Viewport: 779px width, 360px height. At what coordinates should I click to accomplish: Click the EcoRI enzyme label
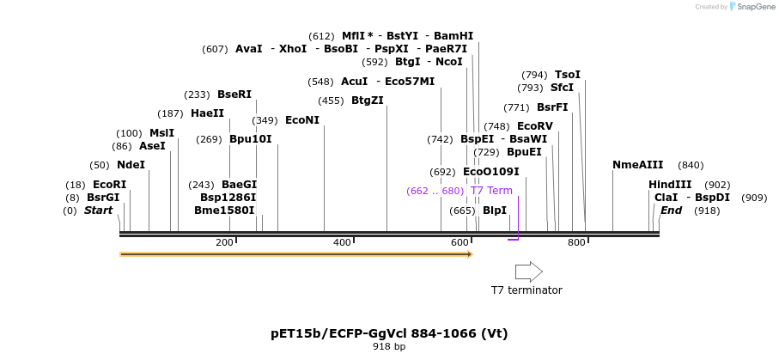109,185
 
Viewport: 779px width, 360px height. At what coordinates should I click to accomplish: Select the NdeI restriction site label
131,165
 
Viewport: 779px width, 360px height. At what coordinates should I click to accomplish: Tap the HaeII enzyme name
207,113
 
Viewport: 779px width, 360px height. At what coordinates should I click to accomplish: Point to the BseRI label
234,95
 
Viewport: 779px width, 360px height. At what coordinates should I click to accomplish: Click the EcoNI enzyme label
301,120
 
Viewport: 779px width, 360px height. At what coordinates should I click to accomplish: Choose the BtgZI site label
368,101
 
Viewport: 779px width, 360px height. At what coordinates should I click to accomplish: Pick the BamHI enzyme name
453,36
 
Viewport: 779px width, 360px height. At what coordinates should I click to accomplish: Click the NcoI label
449,62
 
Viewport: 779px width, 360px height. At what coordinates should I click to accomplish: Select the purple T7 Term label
491,191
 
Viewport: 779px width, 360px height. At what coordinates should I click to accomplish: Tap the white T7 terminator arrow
528,272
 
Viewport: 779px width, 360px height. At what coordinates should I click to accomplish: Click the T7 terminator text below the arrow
526,290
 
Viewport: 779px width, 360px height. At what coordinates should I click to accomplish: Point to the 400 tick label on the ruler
342,242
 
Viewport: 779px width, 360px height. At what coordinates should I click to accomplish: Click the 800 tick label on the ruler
576,242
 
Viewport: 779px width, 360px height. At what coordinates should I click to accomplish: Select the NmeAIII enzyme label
638,165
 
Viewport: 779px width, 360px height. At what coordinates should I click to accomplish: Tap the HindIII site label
670,185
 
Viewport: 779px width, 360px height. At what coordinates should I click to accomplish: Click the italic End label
671,211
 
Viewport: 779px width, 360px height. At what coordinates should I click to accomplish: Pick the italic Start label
98,211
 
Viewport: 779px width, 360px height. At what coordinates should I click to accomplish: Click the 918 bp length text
389,347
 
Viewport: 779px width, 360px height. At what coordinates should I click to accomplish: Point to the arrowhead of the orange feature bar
469,254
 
